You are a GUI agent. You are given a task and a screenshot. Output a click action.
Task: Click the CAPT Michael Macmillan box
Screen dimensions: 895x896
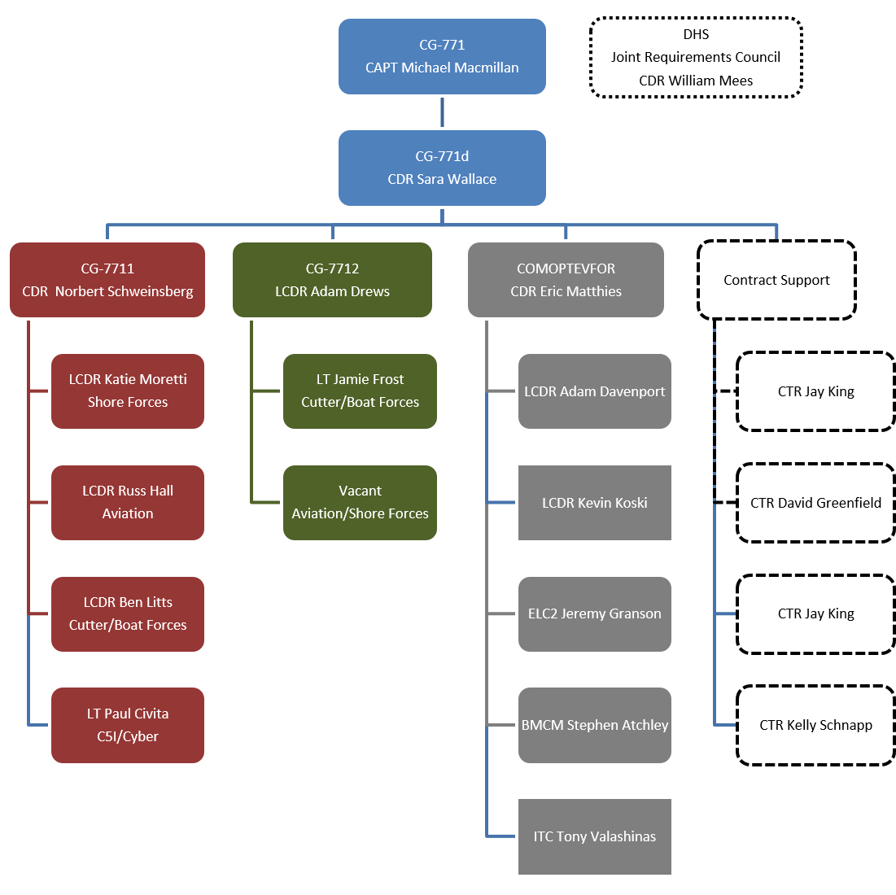(x=442, y=57)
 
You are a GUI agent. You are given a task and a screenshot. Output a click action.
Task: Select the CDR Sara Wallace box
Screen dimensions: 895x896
(x=442, y=168)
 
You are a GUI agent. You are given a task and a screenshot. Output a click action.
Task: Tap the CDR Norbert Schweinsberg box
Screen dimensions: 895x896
(x=107, y=280)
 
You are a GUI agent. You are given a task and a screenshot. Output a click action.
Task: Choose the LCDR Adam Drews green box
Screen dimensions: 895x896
(x=332, y=280)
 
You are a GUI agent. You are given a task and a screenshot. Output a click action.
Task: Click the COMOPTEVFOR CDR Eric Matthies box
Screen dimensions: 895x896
(x=566, y=280)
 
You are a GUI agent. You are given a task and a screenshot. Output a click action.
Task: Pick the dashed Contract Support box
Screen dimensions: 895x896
(x=776, y=280)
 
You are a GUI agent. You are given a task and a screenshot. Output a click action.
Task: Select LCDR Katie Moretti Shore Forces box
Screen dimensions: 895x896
(x=128, y=391)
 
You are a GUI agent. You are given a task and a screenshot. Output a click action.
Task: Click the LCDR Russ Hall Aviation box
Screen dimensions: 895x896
(x=128, y=503)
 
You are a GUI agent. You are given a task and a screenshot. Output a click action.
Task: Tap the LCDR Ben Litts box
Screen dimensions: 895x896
(x=128, y=614)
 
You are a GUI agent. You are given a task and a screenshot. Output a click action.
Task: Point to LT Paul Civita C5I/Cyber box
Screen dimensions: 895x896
(x=128, y=726)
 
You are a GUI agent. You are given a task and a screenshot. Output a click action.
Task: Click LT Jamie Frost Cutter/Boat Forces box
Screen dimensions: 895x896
(x=360, y=391)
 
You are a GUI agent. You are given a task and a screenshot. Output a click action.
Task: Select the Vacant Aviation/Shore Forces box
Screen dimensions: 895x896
(x=360, y=503)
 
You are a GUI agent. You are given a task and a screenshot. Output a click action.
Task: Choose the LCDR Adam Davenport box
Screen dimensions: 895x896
(x=594, y=391)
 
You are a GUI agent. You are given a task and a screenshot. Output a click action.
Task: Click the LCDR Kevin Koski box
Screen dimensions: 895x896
(x=594, y=503)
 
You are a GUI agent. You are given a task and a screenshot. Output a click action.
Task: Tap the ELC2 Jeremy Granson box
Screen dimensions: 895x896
(x=594, y=614)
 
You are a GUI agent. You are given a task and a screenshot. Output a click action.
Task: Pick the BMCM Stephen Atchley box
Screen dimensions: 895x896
(x=594, y=726)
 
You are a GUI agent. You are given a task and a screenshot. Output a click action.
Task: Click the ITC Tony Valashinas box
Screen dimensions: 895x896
(x=594, y=837)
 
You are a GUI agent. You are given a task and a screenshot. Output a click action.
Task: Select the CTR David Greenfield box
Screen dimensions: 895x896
(x=815, y=503)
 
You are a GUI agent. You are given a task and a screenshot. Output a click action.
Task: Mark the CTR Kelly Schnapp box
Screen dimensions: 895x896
(x=815, y=726)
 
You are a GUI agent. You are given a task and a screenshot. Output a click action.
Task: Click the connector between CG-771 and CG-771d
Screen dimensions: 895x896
(x=442, y=112)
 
